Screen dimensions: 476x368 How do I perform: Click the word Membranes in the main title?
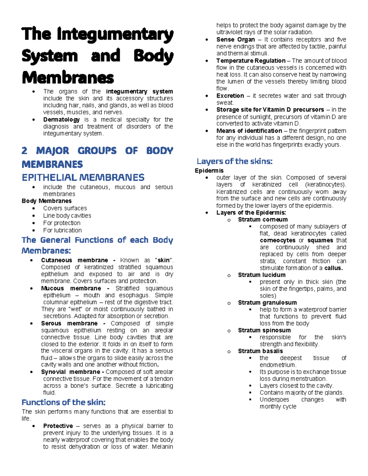coord(68,78)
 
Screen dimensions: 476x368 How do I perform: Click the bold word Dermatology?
coord(61,120)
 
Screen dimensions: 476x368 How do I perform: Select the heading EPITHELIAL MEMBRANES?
coord(83,177)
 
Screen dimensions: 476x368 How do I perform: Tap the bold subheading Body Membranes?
coord(47,201)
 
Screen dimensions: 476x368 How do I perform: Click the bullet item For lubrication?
coord(62,230)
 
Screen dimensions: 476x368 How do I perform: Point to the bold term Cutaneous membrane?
coord(75,260)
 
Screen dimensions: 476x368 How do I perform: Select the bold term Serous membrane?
coord(69,323)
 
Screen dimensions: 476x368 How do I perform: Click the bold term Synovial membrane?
coord(71,372)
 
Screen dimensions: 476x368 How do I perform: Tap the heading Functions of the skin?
coord(63,402)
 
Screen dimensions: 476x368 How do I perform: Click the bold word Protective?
coord(58,426)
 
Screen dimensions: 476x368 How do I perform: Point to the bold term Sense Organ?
coord(236,40)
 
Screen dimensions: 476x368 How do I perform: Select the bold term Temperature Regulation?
coord(251,61)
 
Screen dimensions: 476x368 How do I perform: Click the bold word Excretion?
coord(230,96)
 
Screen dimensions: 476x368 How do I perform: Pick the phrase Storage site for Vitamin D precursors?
coord(270,110)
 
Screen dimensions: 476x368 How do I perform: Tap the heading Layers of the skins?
coord(234,161)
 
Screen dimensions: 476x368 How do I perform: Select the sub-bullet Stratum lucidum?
coord(262,275)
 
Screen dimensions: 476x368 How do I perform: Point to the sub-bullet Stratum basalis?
coord(260,351)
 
